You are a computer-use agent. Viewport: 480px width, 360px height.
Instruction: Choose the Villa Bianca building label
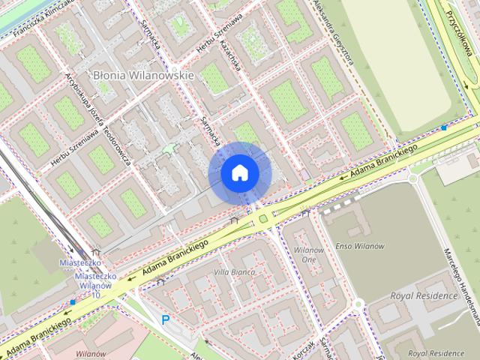click(235, 271)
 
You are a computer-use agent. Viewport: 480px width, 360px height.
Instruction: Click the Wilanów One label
click(308, 253)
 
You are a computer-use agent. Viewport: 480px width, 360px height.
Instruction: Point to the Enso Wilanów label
click(359, 246)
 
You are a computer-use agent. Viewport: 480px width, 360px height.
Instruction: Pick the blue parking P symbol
click(166, 319)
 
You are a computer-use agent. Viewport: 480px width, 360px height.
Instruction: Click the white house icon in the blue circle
click(239, 173)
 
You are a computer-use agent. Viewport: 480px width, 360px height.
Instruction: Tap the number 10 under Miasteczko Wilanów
click(95, 295)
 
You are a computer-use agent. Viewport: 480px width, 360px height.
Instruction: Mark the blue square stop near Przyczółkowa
click(444, 128)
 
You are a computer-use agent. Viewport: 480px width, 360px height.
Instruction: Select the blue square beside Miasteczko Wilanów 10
click(72, 302)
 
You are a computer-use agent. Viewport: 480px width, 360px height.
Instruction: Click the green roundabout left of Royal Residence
click(358, 303)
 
